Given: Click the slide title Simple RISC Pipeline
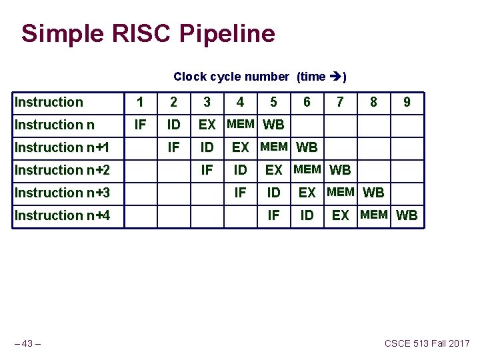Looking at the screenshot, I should [148, 33].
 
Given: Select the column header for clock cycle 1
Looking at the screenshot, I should [140, 102].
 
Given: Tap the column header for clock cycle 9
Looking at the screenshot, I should [407, 102].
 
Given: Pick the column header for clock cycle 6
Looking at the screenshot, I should [307, 102].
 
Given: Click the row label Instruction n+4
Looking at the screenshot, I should [62, 215].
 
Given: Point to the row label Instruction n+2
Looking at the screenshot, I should [62, 170].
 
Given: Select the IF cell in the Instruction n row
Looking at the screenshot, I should [140, 125].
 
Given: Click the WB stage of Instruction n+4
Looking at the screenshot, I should [407, 215].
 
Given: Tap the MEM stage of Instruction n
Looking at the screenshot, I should [241, 123].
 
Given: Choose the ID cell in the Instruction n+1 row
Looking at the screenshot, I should [207, 147].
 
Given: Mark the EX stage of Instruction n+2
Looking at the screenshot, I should [273, 170].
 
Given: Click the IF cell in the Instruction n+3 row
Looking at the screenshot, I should [240, 193].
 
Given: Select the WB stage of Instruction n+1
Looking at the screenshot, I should [307, 147].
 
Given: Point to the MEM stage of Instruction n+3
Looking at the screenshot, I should [341, 192].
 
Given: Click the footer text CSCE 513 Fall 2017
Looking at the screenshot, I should [427, 343].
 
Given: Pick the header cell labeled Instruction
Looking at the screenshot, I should [49, 102].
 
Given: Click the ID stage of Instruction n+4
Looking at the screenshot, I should [307, 215].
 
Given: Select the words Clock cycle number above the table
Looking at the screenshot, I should [231, 77].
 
